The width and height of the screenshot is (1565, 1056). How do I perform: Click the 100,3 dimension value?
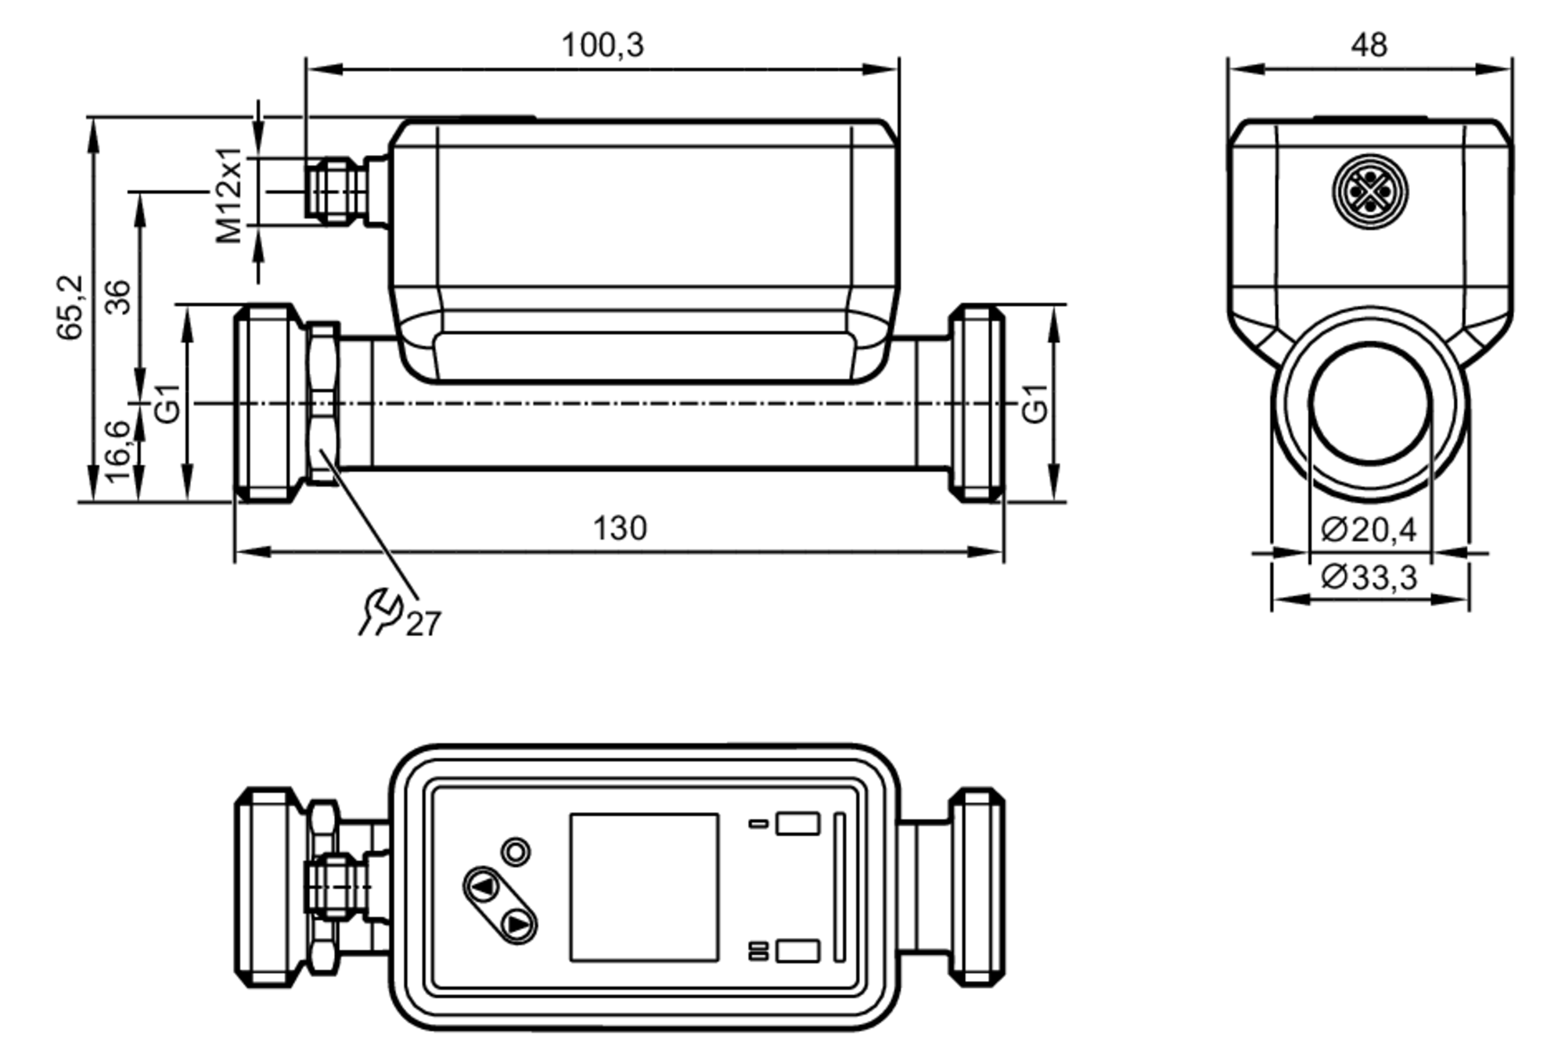pos(603,45)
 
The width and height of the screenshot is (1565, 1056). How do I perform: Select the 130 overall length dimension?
pos(620,529)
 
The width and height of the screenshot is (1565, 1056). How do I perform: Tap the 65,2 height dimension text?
pos(70,307)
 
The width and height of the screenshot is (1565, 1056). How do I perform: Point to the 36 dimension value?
pos(118,296)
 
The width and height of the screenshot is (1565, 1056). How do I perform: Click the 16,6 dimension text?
pos(117,451)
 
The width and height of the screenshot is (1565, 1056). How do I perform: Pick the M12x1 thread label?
pos(229,195)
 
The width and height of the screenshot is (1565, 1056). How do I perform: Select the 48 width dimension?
pos(1369,45)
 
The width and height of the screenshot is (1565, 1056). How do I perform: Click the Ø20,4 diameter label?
pos(1369,530)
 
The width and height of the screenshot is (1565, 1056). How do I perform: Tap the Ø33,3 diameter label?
pos(1369,578)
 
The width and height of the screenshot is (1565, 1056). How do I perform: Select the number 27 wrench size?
pos(423,624)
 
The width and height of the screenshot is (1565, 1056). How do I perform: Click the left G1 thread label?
pos(167,404)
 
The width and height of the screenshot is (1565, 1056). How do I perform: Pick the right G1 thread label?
pos(1034,404)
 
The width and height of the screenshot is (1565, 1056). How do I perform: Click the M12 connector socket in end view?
pos(1369,192)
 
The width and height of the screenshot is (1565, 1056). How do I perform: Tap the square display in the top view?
pos(644,887)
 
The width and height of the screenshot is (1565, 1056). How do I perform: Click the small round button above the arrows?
pos(516,851)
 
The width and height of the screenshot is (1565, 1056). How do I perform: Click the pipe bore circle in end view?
pos(1370,404)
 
